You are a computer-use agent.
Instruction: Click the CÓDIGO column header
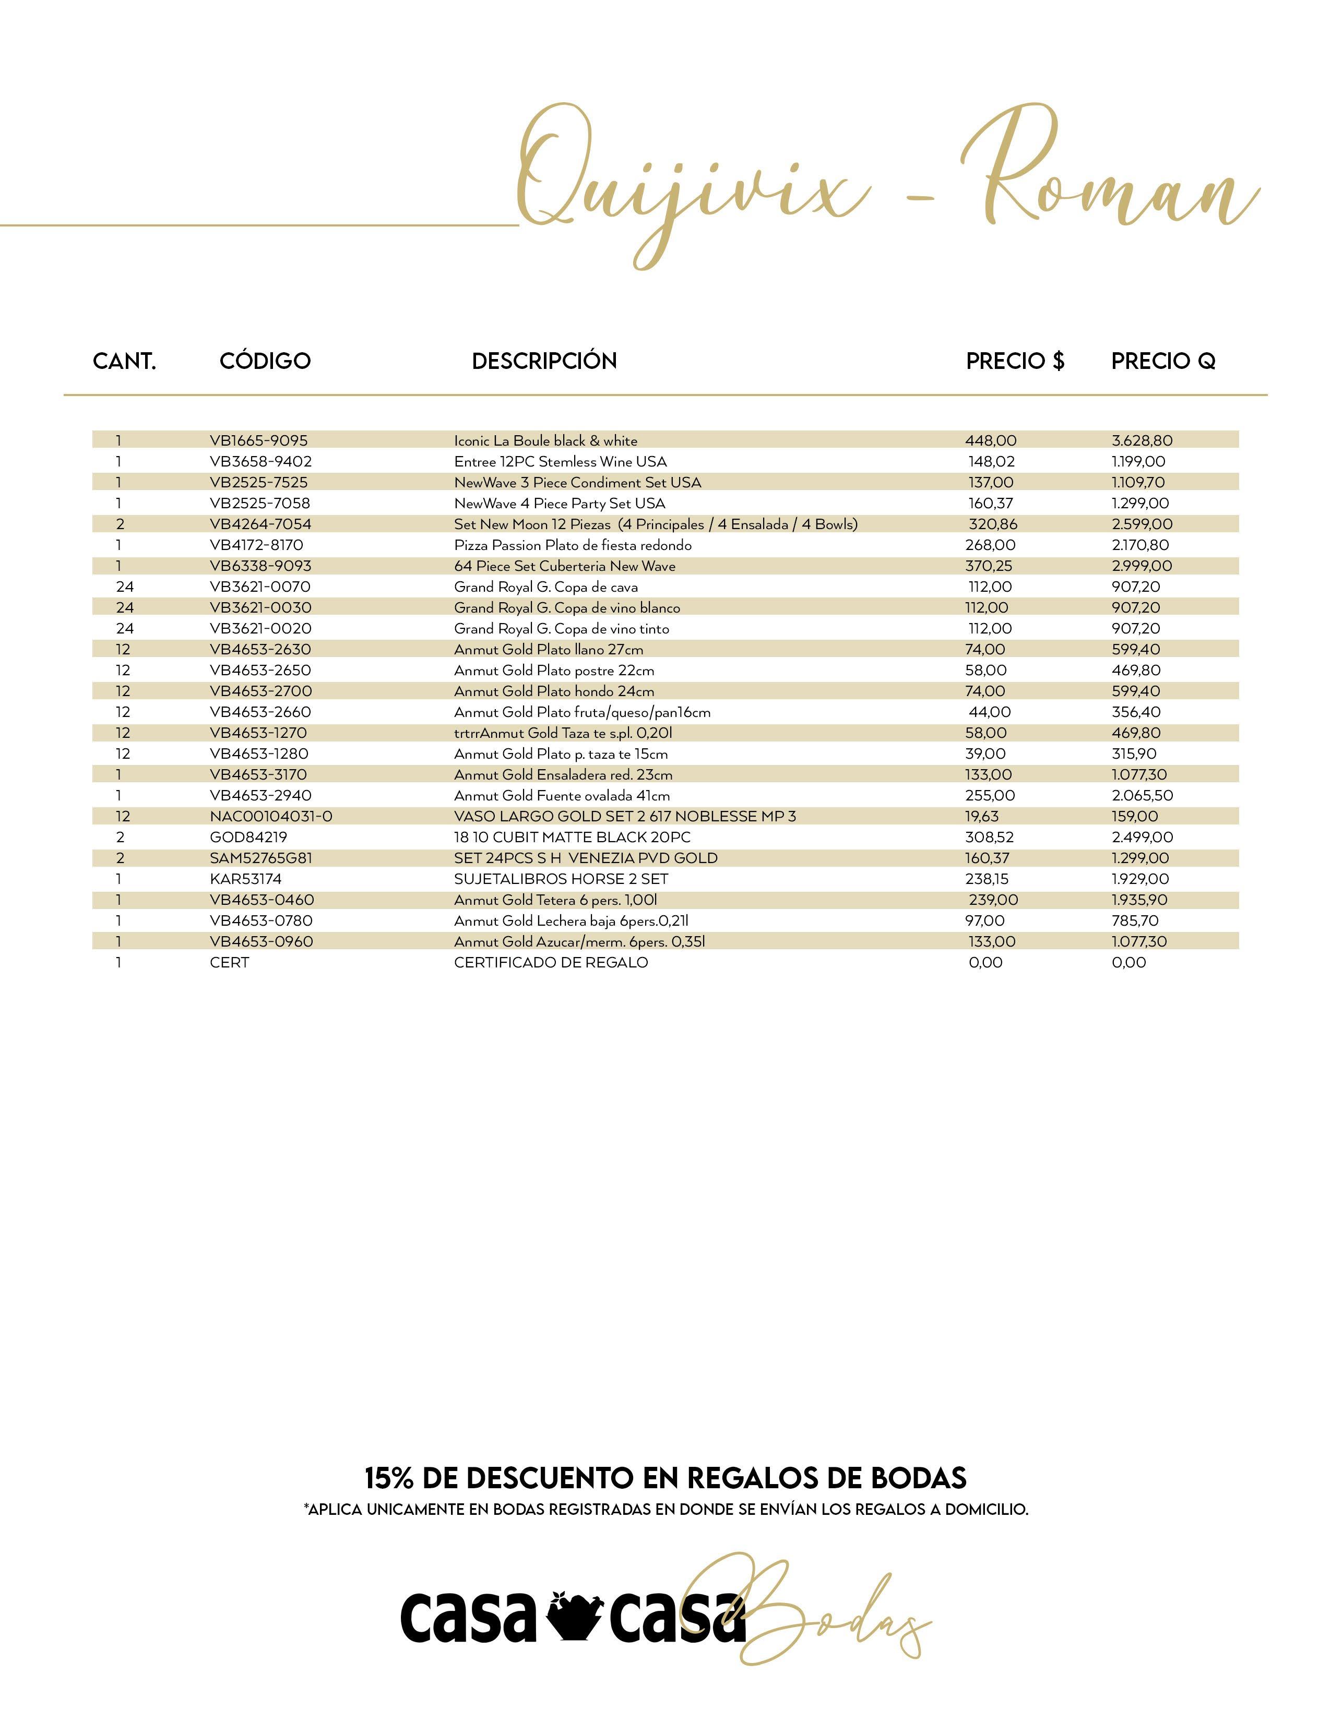coord(265,361)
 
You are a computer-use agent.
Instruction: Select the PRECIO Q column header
coord(1163,361)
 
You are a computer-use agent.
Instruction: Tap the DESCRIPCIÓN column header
coord(544,361)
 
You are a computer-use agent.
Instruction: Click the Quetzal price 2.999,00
coord(1142,566)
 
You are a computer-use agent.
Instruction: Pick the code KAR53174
coord(245,879)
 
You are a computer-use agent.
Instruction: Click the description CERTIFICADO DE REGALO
coord(551,963)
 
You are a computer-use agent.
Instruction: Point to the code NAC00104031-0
coord(270,817)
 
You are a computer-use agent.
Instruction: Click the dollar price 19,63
coord(982,817)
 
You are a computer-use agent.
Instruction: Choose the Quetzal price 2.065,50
coord(1142,796)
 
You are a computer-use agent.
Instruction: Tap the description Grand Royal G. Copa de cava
coord(545,588)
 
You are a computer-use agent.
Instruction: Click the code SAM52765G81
coord(261,858)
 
